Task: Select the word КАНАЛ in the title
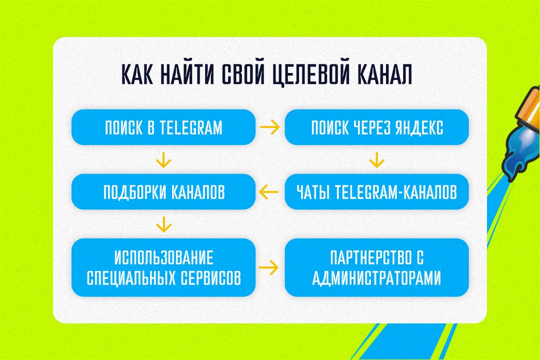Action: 384,74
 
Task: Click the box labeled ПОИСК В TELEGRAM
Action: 163,127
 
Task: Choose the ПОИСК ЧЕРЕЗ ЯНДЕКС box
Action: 377,127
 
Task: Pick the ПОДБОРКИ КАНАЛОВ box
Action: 163,191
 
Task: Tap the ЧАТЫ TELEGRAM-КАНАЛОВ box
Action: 377,191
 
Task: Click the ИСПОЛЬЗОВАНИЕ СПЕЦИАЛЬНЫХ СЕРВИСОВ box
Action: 163,267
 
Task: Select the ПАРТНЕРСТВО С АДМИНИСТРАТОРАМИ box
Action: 377,267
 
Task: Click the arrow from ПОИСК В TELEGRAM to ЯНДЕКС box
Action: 270,127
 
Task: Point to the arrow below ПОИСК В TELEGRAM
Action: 163,160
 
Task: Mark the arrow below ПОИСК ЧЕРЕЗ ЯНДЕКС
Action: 377,160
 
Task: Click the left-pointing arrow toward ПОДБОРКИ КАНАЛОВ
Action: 268,192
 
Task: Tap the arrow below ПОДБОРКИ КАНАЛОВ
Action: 163,224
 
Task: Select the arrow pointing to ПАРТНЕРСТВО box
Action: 268,267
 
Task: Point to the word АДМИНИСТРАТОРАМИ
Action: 376,277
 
